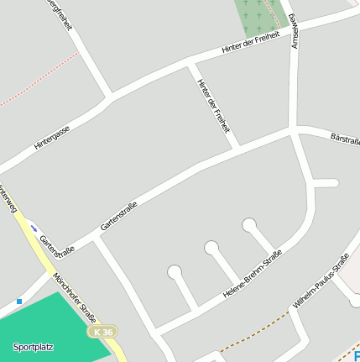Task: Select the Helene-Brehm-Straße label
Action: tap(252, 275)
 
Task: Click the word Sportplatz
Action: tap(33, 346)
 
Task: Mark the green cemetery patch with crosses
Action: tap(258, 14)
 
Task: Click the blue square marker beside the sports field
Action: tap(19, 301)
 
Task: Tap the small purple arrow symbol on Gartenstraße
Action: tap(34, 227)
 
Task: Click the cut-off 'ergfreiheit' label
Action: tap(61, 14)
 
